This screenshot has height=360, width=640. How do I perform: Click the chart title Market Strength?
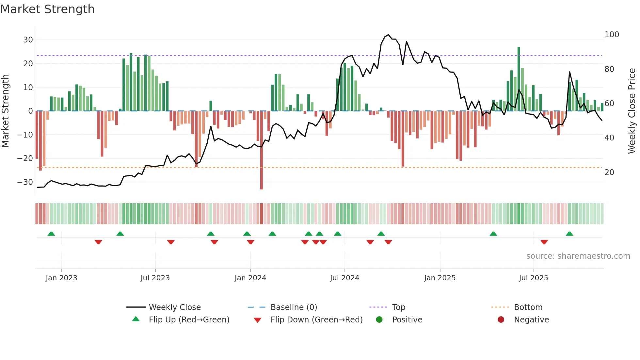tap(47, 9)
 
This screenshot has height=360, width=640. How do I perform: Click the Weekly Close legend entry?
tap(174, 307)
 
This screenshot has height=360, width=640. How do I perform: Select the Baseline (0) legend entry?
tap(294, 307)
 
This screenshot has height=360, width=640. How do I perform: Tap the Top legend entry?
tap(398, 307)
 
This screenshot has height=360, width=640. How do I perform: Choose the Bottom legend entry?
tap(528, 307)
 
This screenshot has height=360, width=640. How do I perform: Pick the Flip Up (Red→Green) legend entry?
tap(189, 320)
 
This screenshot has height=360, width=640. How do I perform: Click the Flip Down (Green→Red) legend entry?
tap(316, 320)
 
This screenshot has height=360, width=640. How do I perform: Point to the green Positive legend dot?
tap(379, 319)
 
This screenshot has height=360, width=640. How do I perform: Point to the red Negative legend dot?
tap(501, 319)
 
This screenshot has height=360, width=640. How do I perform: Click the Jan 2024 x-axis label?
tap(250, 278)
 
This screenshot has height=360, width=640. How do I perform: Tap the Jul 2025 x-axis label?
tap(533, 278)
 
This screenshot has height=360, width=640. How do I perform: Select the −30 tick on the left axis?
tap(25, 182)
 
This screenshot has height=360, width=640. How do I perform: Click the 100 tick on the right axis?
tap(612, 35)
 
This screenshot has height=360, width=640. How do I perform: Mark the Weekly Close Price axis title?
tap(632, 111)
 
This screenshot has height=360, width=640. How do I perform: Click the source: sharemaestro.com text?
tap(578, 256)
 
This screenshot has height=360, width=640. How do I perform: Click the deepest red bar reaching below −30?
tap(262, 163)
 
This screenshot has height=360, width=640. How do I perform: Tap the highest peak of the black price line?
tap(388, 35)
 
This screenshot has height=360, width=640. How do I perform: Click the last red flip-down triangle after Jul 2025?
tap(544, 242)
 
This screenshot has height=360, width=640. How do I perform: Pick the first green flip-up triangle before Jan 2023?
tap(51, 234)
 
